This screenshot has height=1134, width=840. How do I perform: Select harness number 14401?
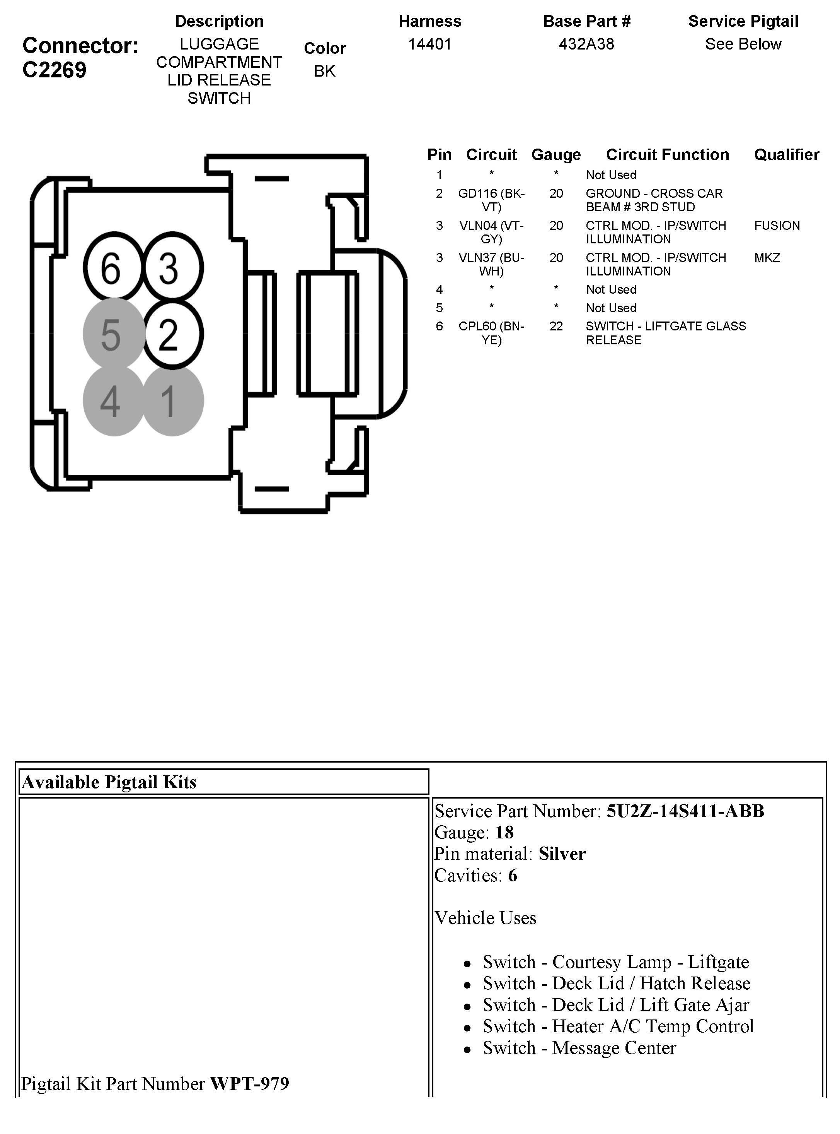pos(429,44)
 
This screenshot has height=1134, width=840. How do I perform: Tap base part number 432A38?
pos(586,44)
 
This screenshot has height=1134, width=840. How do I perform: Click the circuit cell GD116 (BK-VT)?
pos(491,200)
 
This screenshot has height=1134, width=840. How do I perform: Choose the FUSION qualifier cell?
pos(777,226)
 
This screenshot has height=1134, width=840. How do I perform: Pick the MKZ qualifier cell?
pos(767,258)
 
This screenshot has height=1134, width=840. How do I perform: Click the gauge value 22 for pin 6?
pos(556,326)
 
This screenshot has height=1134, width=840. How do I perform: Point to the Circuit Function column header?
pos(667,155)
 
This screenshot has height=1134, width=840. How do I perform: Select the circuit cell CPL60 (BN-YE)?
pos(491,333)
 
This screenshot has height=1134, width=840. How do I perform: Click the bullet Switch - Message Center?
pos(579,1048)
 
